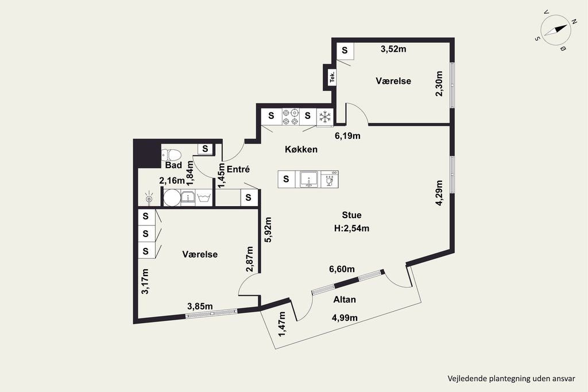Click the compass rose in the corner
point(556,30)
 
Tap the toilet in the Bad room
point(171,154)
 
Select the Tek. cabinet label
point(332,77)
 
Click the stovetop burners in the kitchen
point(291,117)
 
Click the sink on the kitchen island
point(309,179)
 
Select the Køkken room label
point(301,150)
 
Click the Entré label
point(238,169)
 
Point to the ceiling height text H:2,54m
point(352,228)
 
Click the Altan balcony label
point(345,300)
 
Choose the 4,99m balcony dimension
point(345,318)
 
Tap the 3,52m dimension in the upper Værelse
point(393,49)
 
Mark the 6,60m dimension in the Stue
point(342,269)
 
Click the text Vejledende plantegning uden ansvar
point(511,378)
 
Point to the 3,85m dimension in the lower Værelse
point(200,306)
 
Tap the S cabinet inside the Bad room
point(205,149)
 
